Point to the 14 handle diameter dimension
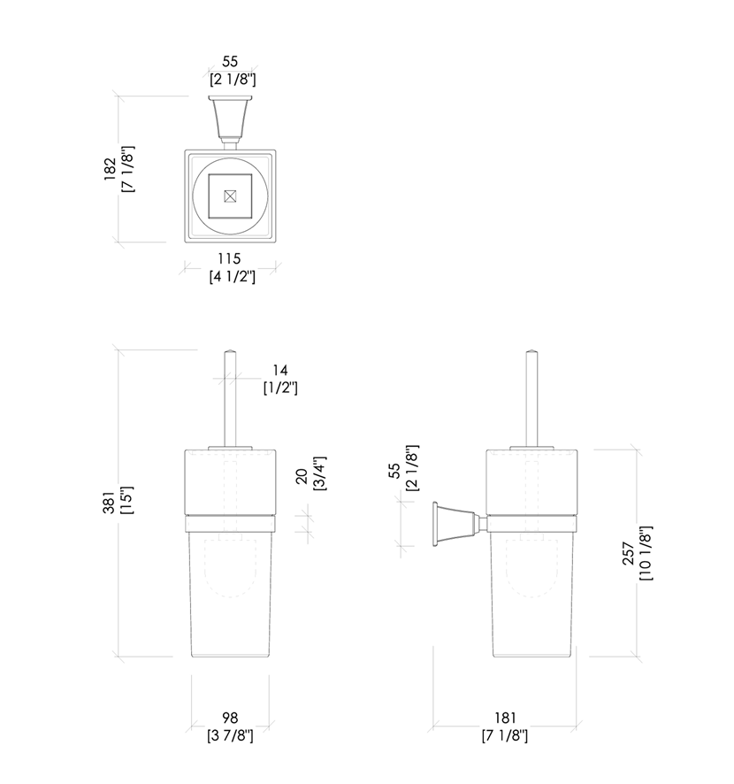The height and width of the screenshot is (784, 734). (x=280, y=370)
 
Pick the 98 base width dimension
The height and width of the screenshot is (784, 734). (x=232, y=718)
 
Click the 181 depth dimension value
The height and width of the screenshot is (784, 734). (x=505, y=718)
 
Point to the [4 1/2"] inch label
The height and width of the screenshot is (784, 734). (x=232, y=276)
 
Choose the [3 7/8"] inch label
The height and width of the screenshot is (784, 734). (x=232, y=735)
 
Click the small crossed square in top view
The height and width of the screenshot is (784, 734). (x=231, y=196)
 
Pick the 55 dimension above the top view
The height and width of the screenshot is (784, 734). (x=231, y=62)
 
